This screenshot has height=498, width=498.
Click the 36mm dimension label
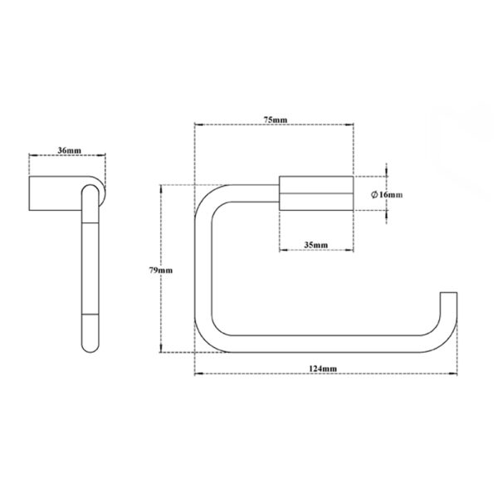69,150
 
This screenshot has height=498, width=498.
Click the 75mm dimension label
276,120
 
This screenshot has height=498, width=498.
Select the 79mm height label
161,271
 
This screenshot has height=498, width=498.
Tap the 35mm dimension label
316,245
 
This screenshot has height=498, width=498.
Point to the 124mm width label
323,369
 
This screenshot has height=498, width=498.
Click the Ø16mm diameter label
387,194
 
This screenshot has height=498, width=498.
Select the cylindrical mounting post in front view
316,193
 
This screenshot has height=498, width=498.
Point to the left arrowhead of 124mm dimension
197,373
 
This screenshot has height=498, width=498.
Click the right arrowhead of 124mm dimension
455,373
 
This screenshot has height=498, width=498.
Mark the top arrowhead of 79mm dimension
161,188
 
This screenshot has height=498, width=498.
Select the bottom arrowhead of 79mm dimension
161,349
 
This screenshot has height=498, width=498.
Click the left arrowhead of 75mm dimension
197,124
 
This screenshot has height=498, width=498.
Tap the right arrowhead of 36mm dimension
103,155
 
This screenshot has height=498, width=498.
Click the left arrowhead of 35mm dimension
282,250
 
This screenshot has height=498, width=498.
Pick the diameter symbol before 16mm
374,194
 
